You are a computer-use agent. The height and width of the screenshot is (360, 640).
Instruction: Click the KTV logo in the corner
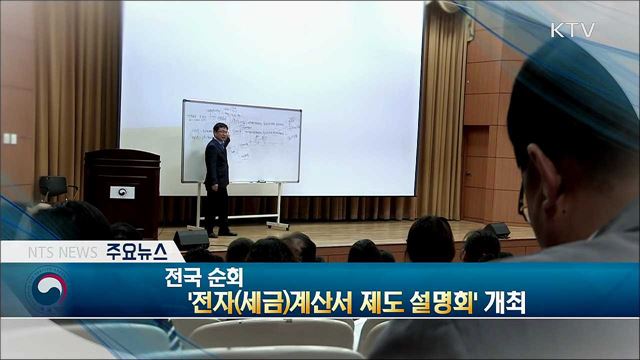point(572,30)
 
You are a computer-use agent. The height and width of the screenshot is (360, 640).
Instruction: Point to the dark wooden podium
point(121,190)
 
